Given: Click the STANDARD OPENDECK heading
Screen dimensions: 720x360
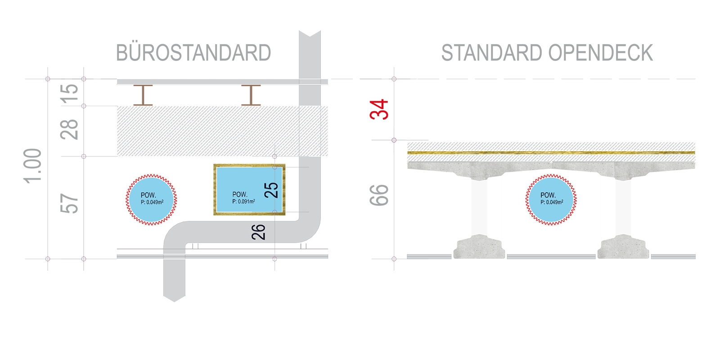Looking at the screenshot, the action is tap(547, 53).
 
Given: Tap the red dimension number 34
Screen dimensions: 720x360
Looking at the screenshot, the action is tap(379, 110).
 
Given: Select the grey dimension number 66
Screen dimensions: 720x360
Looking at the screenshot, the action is tap(379, 195).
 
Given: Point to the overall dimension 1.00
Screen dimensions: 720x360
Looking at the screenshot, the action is tap(33, 166).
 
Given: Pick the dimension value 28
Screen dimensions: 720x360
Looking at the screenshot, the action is tap(69, 130).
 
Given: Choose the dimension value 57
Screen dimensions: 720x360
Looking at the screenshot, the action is tap(69, 203).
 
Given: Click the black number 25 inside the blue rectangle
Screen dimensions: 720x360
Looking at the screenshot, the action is tap(271, 190).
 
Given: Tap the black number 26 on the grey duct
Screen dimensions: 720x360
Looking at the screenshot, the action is tap(259, 232).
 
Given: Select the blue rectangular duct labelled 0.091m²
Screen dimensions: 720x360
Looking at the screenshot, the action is tap(249, 189).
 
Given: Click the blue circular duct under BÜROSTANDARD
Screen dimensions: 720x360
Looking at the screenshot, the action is tap(151, 200).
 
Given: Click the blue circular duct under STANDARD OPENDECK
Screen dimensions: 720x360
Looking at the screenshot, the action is tap(551, 200).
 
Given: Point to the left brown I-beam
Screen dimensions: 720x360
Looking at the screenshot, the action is tap(143, 95).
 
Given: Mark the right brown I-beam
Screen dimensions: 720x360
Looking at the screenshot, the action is tap(251, 95).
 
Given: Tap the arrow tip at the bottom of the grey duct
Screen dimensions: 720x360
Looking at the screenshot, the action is tap(175, 301).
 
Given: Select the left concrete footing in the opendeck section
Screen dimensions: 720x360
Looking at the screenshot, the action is tap(479, 247).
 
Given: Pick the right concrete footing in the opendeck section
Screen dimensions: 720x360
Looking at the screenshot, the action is tap(623, 247).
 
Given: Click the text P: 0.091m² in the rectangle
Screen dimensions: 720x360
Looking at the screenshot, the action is tap(243, 202).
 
